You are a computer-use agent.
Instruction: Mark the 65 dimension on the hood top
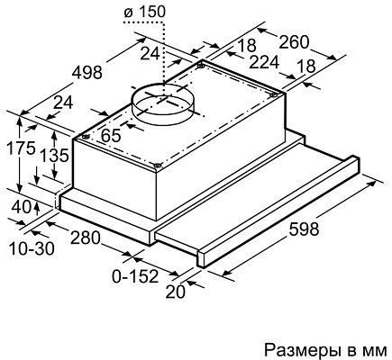point(111,136)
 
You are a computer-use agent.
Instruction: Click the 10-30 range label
point(30,246)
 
